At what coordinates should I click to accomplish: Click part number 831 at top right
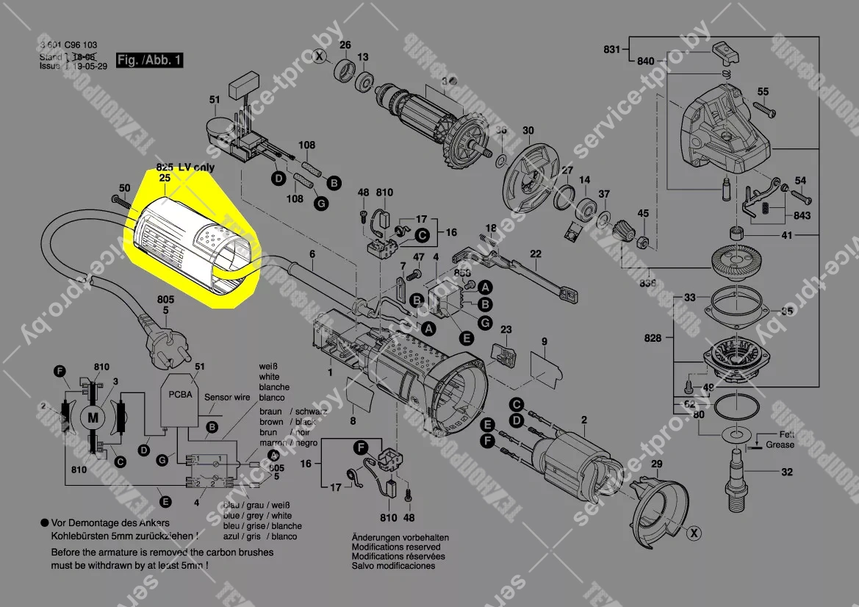[x=612, y=50]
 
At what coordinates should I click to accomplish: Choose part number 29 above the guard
[x=657, y=464]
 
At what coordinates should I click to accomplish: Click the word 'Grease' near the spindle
[x=780, y=445]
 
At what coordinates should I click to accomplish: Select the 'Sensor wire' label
[x=228, y=398]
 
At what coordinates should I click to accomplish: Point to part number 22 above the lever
[x=536, y=254]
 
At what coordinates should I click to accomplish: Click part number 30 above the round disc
[x=528, y=132]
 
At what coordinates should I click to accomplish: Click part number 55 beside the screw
[x=763, y=92]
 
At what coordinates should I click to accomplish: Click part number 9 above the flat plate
[x=544, y=342]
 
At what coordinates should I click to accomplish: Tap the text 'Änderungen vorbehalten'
[x=400, y=538]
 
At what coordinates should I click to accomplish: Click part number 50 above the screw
[x=114, y=189]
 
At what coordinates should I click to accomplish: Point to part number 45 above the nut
[x=643, y=214]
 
